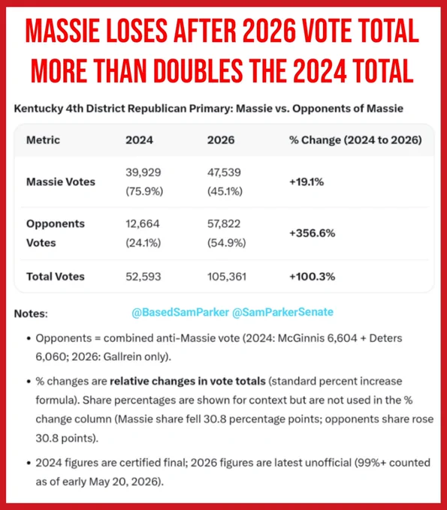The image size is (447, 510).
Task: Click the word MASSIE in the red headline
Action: [62, 31]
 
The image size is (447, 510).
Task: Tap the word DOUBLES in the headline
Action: [198, 71]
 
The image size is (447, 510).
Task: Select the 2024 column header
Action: [139, 139]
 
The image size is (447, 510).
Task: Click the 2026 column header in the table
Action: [221, 139]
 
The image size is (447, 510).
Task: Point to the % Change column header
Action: [355, 139]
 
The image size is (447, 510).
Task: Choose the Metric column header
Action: [43, 139]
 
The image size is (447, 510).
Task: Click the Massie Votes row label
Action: [61, 181]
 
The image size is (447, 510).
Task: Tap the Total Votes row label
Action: [56, 277]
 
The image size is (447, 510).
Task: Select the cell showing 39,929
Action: [143, 172]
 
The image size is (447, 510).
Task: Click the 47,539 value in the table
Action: [224, 172]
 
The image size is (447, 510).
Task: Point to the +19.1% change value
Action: [307, 181]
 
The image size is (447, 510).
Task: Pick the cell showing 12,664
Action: [143, 223]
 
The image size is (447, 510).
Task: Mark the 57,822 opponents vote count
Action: [224, 223]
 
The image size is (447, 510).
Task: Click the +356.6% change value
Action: [312, 233]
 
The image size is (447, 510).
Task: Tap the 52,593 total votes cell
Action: [143, 277]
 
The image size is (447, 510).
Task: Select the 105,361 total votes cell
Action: [227, 277]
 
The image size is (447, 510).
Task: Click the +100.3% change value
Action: [312, 277]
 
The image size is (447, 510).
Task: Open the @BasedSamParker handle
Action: [180, 312]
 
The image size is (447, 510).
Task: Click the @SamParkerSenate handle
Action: [282, 312]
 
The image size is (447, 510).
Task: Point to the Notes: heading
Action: [31, 313]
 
